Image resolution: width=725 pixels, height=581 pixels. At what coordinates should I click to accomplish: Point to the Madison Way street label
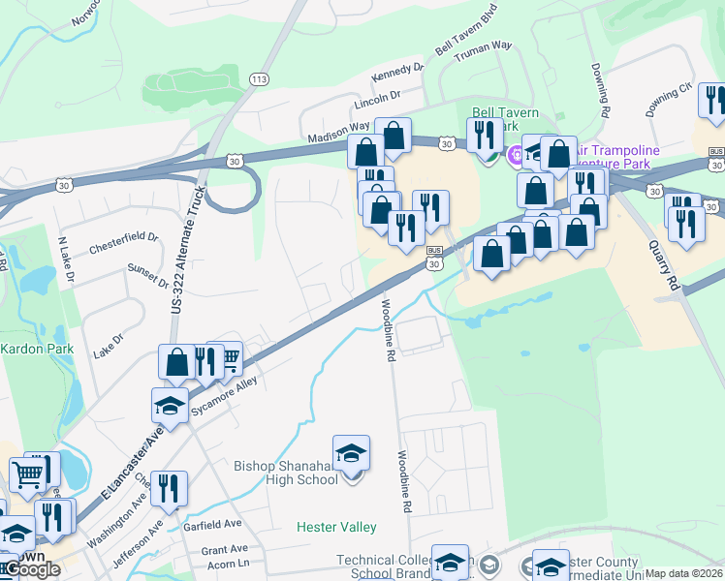point(338,134)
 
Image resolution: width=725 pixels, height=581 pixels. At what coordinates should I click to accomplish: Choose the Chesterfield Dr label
point(123,241)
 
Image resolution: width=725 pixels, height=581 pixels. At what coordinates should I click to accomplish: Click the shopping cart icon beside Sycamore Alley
point(230,359)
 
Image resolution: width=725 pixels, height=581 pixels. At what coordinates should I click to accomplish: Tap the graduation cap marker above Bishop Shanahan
point(351,452)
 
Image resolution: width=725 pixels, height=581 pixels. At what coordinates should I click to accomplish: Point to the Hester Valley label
point(336,527)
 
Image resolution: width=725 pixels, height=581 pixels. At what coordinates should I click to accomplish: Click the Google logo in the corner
point(32,569)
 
